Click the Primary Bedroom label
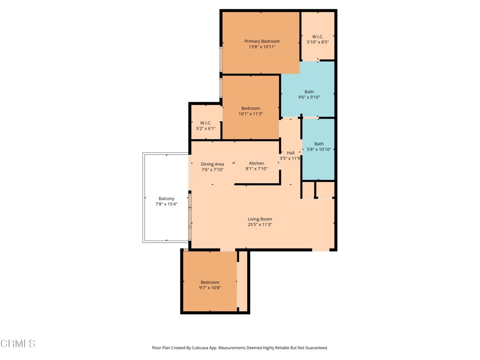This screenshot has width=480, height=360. (262, 41)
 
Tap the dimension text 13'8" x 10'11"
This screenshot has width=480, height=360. (262, 47)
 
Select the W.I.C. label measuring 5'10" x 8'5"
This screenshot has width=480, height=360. (318, 36)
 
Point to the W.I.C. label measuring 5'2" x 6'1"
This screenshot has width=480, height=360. (206, 123)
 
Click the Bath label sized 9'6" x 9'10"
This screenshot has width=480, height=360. (309, 92)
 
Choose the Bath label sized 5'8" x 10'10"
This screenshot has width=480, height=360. (319, 144)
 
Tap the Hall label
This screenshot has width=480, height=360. (291, 153)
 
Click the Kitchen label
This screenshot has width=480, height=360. (256, 163)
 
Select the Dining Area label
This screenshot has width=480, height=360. (212, 164)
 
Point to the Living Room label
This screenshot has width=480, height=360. (260, 219)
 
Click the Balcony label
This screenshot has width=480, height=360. (166, 199)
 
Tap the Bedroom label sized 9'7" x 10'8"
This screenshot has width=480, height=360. (210, 282)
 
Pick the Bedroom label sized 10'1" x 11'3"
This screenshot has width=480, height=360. (251, 108)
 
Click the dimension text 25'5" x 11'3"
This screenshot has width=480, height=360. (260, 225)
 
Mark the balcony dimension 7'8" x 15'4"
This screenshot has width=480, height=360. (166, 204)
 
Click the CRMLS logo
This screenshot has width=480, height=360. (18, 344)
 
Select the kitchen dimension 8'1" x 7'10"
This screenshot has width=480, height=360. (256, 169)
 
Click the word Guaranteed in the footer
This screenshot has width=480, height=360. (315, 348)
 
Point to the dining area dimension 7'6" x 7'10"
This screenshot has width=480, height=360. (212, 170)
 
